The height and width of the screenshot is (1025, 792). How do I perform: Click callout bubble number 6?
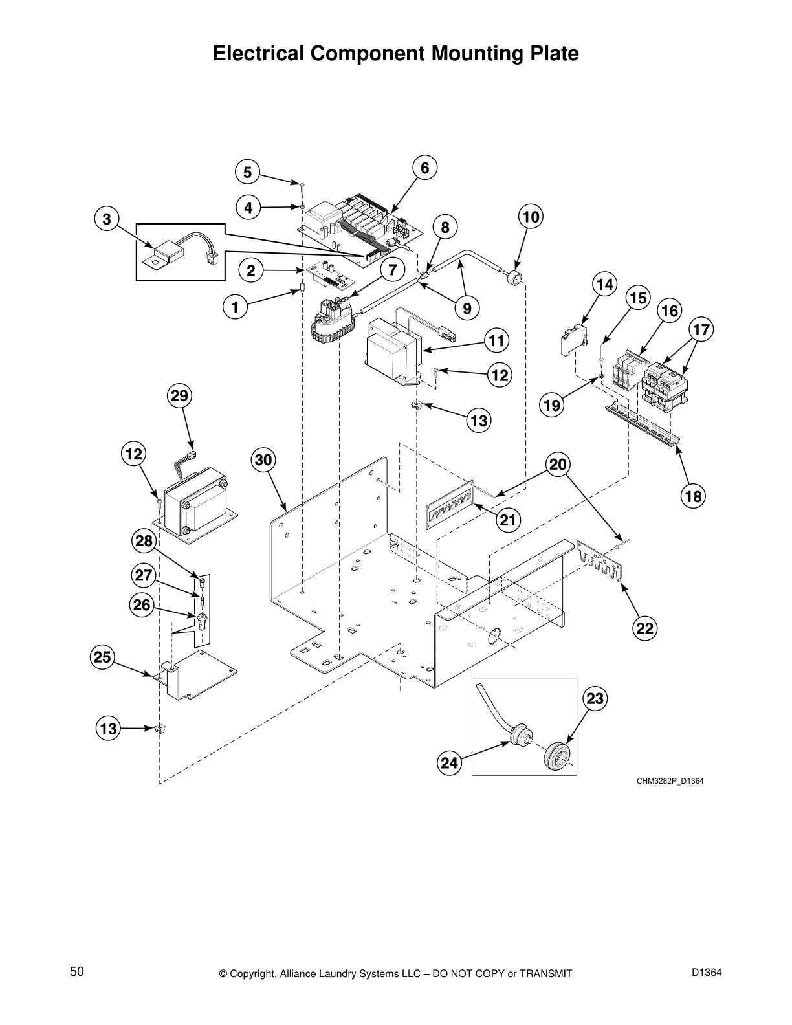coord(424,168)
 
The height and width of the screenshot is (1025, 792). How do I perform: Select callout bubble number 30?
coord(263,461)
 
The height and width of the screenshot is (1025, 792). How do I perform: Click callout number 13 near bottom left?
coord(108,729)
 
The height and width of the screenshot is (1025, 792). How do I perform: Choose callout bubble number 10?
coord(530,216)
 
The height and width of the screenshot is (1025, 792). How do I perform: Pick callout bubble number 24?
coord(449,763)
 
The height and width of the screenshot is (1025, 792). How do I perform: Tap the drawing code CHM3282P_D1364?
coord(669,781)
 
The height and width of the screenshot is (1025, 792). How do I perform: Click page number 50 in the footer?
coord(77,971)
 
